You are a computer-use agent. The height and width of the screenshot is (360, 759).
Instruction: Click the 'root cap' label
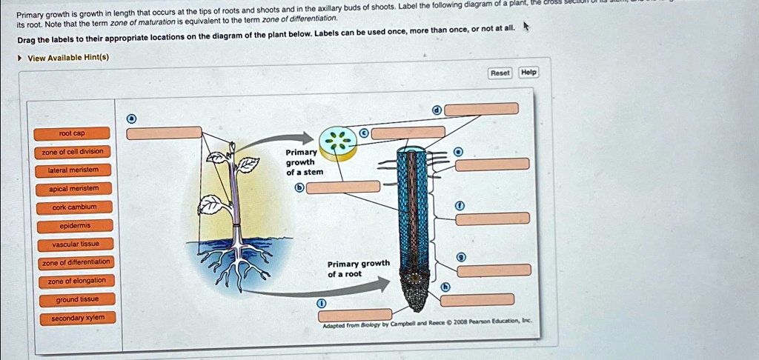[72, 133]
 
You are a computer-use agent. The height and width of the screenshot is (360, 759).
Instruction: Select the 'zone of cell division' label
[72, 152]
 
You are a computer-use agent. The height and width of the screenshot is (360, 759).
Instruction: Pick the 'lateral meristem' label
[73, 170]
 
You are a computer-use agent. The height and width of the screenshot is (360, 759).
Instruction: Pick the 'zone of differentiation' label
[75, 262]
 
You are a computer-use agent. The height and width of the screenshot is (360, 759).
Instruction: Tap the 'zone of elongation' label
[76, 281]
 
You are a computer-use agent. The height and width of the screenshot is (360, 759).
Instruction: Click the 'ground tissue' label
[76, 299]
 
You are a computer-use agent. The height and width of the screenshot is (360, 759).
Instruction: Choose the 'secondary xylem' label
[77, 318]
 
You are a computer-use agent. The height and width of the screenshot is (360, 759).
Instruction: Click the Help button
[528, 73]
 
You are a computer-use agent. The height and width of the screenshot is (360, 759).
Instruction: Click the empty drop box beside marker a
[164, 133]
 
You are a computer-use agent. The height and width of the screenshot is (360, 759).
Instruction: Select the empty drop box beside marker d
[481, 110]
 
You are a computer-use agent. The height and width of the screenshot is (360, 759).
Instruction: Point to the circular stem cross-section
[337, 141]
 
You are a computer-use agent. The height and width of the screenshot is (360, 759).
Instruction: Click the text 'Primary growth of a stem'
[304, 162]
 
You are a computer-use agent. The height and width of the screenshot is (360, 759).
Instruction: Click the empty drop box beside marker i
[355, 315]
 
